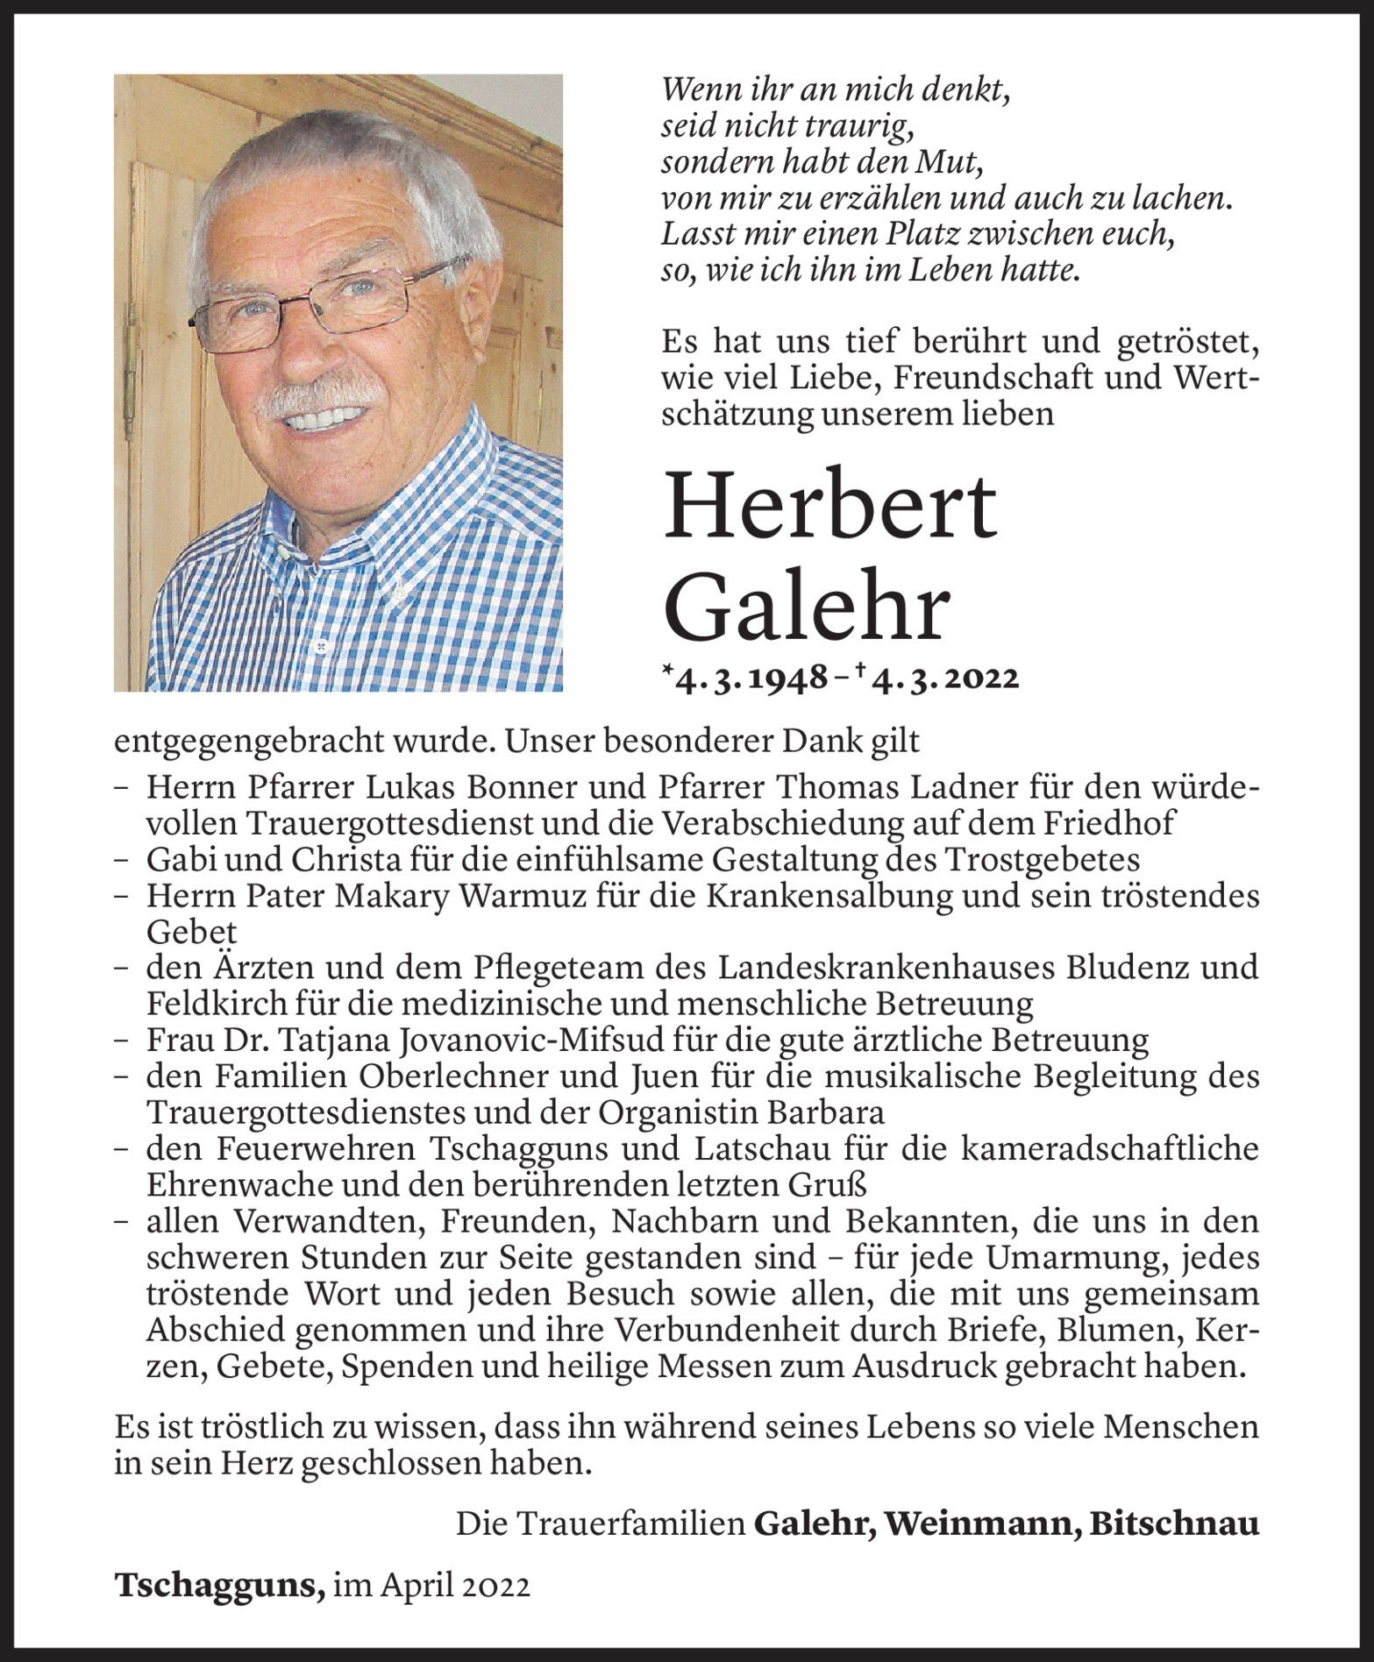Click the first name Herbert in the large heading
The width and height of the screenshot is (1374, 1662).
tap(829, 507)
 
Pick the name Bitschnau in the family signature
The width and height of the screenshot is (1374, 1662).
tap(1173, 1525)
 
